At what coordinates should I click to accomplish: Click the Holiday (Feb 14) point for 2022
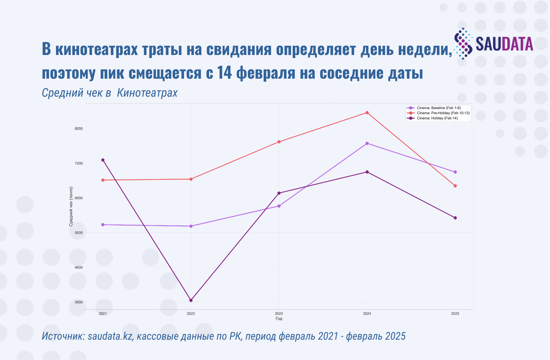[x=191, y=300]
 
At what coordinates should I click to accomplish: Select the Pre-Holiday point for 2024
[x=367, y=113]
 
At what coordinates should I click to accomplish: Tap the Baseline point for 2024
[x=367, y=143]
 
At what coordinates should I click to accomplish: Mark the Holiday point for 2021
[x=103, y=160]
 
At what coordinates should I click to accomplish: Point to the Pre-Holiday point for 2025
[x=455, y=186]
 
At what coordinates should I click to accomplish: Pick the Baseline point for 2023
[x=279, y=206]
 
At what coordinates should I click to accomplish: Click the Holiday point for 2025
[x=455, y=218]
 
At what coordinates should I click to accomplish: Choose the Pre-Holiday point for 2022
[x=191, y=179]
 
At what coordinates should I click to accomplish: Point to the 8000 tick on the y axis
[x=78, y=129]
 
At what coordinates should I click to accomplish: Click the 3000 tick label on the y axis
[x=78, y=302]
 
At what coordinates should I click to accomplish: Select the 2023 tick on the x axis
[x=279, y=314]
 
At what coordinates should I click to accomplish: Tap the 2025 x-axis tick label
[x=455, y=314]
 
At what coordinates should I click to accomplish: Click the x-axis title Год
[x=279, y=319]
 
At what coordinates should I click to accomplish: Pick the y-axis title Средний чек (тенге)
[x=71, y=207]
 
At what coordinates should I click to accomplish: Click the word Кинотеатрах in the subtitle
[x=147, y=93]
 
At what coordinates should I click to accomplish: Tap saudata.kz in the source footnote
[x=110, y=336]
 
